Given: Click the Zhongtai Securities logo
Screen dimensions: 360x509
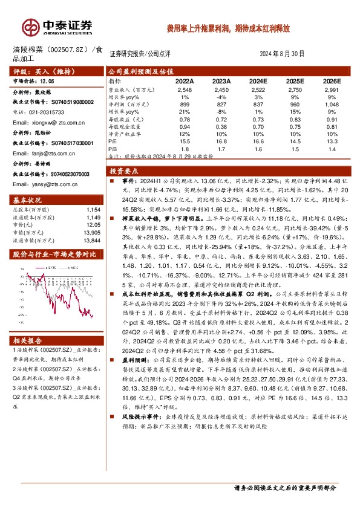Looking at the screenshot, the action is point(57,27).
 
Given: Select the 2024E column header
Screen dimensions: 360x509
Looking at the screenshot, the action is point(258,80).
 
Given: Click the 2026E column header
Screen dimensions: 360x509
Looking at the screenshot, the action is point(331,80).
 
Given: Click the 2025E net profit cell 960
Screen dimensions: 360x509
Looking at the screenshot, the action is point(295,104).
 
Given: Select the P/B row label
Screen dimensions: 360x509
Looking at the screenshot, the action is point(113,148).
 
